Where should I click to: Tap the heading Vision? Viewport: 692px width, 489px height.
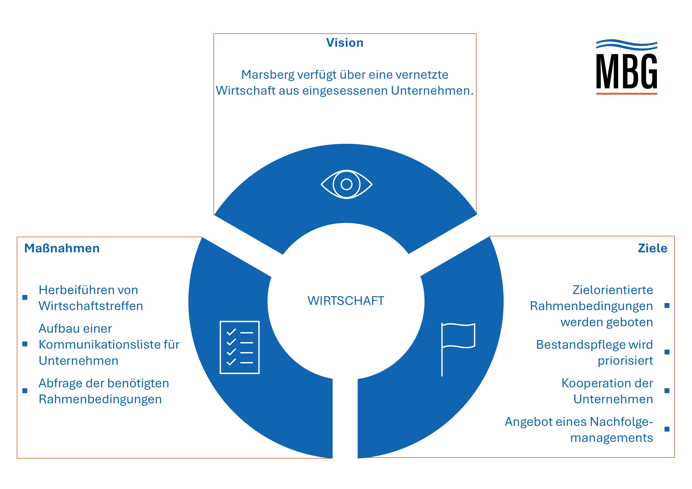click(345, 43)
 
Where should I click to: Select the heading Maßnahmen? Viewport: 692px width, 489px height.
click(62, 248)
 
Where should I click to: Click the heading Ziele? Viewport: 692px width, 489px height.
click(653, 248)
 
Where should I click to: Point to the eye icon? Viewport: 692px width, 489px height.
click(346, 184)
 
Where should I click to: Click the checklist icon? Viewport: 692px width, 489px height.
click(240, 347)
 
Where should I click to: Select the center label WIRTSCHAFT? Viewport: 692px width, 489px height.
click(346, 301)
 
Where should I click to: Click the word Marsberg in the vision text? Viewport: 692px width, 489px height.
click(268, 75)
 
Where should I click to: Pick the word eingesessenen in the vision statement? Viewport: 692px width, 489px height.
click(345, 91)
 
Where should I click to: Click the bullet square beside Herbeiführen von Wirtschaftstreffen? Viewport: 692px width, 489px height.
click(25, 297)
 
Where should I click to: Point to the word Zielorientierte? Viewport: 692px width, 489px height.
click(613, 290)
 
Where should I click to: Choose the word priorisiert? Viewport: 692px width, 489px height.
click(625, 361)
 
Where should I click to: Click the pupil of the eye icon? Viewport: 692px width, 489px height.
click(346, 184)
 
